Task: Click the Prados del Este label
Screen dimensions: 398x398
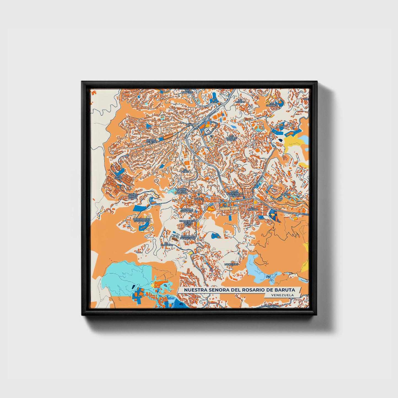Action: point(151,141)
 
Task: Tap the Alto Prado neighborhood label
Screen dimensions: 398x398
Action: point(118,177)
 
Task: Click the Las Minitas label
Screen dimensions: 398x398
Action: point(239,101)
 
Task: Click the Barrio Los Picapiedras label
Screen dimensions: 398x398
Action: point(188,237)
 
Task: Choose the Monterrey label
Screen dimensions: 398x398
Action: point(231,264)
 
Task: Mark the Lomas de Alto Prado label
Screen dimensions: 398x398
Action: point(132,196)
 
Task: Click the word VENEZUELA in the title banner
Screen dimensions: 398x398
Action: point(282,295)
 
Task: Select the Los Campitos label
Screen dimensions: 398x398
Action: point(187,91)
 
